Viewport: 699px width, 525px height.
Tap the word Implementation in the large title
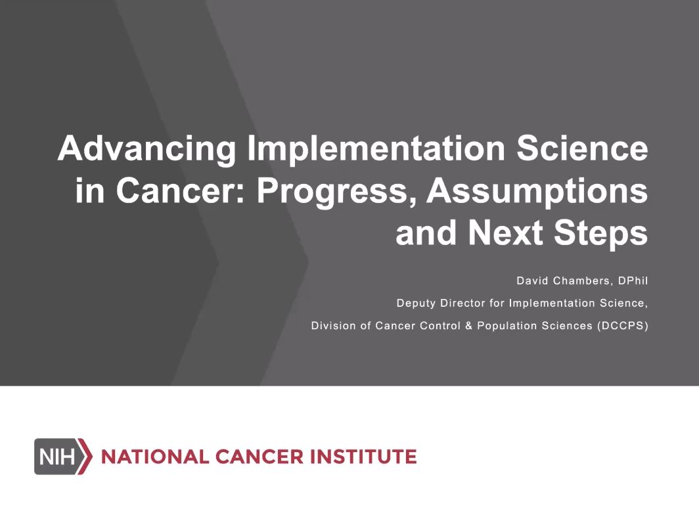pyautogui.click(x=376, y=148)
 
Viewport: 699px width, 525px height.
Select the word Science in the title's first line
pyautogui.click(x=582, y=148)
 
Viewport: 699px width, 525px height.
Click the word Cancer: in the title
pyautogui.click(x=181, y=191)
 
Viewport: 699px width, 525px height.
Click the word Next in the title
pyautogui.click(x=506, y=233)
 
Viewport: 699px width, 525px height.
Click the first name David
pyautogui.click(x=532, y=281)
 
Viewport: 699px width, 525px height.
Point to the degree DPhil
pyautogui.click(x=633, y=281)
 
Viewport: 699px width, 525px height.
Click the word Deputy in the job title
pyautogui.click(x=416, y=304)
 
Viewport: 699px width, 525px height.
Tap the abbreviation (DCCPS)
pyautogui.click(x=623, y=326)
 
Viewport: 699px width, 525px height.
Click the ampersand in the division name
pyautogui.click(x=468, y=326)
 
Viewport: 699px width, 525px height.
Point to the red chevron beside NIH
pyautogui.click(x=85, y=456)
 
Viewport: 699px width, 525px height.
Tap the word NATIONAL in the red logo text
pyautogui.click(x=155, y=457)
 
